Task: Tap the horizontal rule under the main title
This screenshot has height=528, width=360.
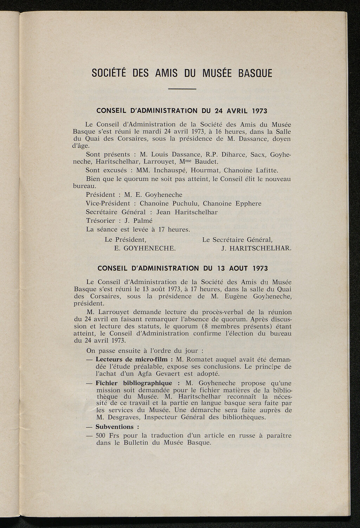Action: pos(182,89)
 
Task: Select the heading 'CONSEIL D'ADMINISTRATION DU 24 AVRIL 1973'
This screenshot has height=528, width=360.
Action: pos(182,111)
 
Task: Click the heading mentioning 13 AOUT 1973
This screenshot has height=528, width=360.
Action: pos(182,269)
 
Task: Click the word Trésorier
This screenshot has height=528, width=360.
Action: pos(100,221)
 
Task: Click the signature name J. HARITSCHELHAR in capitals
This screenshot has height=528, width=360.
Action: pos(256,248)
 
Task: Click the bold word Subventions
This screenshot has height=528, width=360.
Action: pos(115,427)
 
